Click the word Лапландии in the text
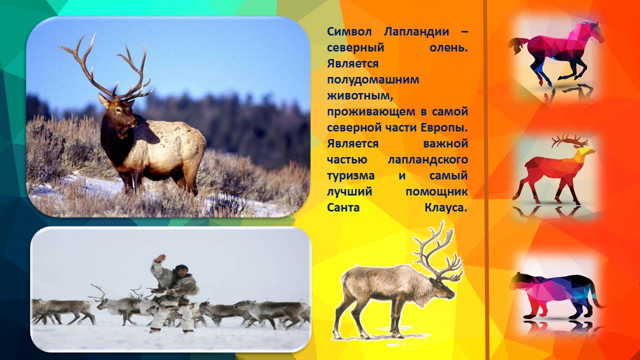pos(416,31)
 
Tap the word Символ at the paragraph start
pos(349,31)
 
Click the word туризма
pos(350,175)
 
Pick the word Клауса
pos(445,207)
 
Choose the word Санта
pos(343,207)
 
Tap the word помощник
pos(436,191)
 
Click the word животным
pos(360,95)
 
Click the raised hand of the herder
pos(159,258)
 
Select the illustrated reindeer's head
pos(442,289)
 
